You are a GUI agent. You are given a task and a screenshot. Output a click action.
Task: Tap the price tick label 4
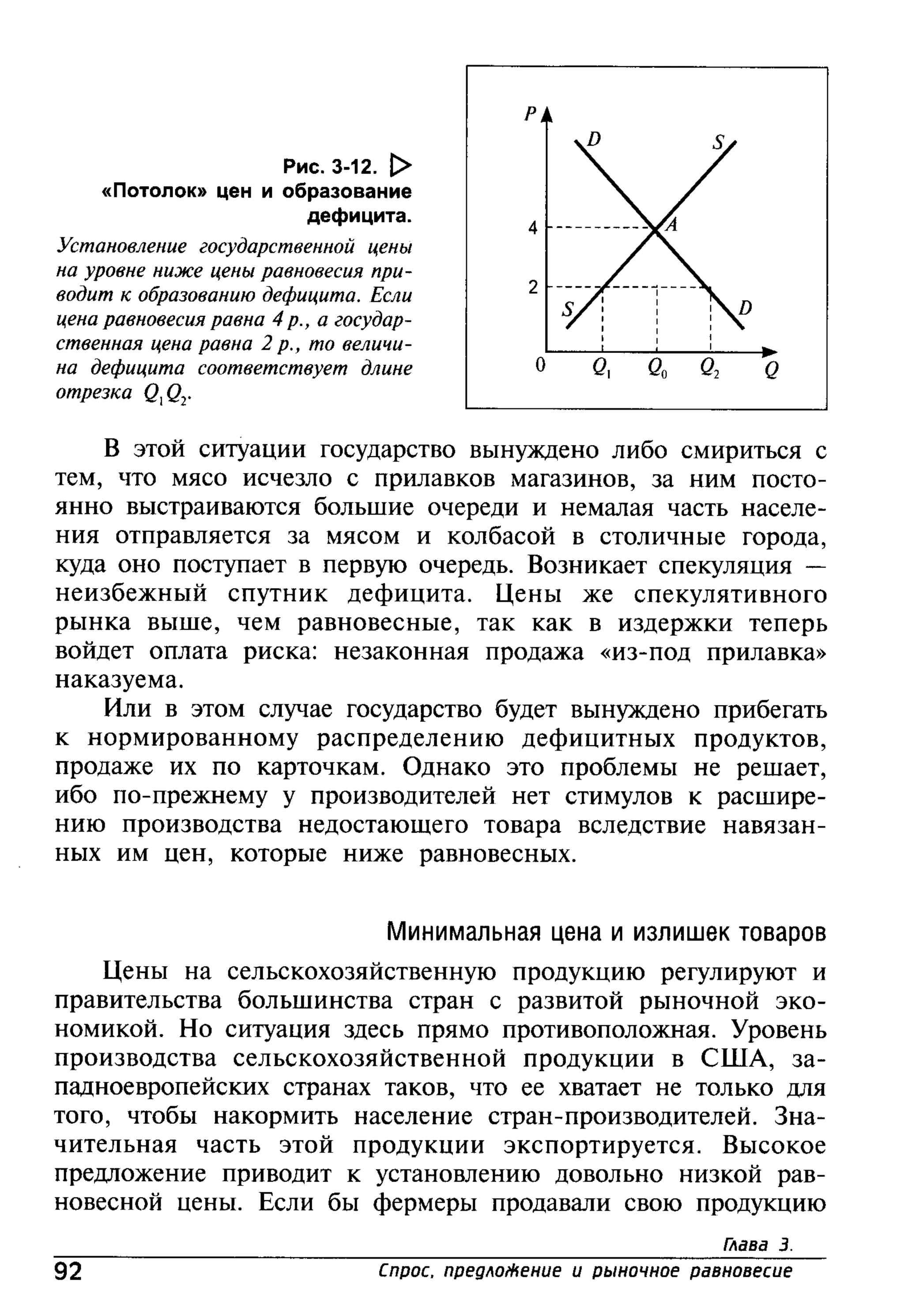(x=532, y=228)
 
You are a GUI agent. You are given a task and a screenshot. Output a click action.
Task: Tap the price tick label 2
(x=532, y=288)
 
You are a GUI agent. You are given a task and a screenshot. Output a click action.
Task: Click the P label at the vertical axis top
(x=530, y=115)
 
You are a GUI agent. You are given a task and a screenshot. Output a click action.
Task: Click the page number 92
(x=68, y=1271)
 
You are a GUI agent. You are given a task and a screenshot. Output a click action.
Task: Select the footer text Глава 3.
(x=757, y=1244)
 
